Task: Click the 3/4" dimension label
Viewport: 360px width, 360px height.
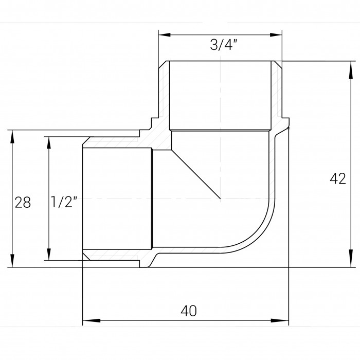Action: (223, 45)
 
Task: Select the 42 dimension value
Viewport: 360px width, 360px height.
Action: (338, 178)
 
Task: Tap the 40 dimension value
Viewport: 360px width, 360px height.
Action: (189, 311)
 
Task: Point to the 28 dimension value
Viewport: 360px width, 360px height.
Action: (23, 202)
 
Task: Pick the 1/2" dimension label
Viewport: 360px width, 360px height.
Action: (64, 202)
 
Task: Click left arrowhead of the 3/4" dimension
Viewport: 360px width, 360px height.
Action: (165, 35)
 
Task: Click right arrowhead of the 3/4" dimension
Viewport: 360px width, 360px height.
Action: (276, 35)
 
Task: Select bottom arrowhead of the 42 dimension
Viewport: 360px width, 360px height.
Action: (351, 259)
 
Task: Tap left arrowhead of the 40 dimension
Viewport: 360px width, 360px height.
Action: (92, 320)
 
